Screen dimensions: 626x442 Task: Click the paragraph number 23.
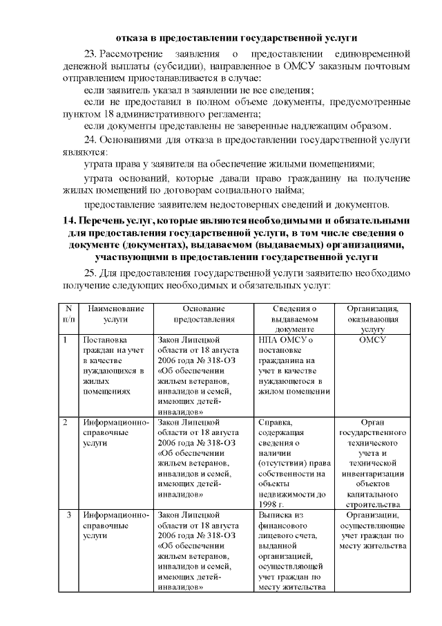(90, 53)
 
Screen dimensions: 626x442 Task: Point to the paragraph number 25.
(90, 273)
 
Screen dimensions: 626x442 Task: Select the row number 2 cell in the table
(66, 422)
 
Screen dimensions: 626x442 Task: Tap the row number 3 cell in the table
(68, 515)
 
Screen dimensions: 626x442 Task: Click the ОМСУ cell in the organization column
(373, 340)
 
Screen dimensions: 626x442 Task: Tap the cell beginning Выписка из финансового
(293, 551)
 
